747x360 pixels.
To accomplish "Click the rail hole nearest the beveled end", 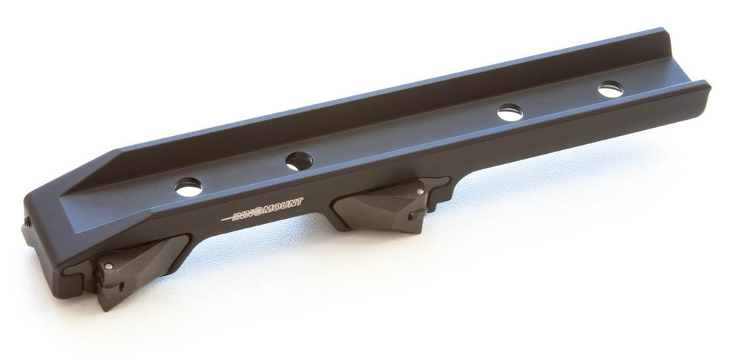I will pyautogui.click(x=188, y=186).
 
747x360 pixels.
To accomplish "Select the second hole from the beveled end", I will pyautogui.click(x=299, y=160).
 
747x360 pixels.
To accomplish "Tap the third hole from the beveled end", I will pyautogui.click(x=510, y=112).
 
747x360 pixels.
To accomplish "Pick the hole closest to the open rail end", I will pyautogui.click(x=610, y=89).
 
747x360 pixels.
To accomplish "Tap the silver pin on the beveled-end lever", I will pyautogui.click(x=109, y=266).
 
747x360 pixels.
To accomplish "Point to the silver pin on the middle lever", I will pyautogui.click(x=420, y=191).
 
